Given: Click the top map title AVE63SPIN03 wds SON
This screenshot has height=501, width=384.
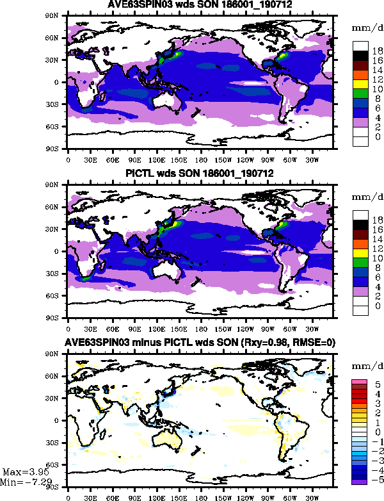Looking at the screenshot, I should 200,6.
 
